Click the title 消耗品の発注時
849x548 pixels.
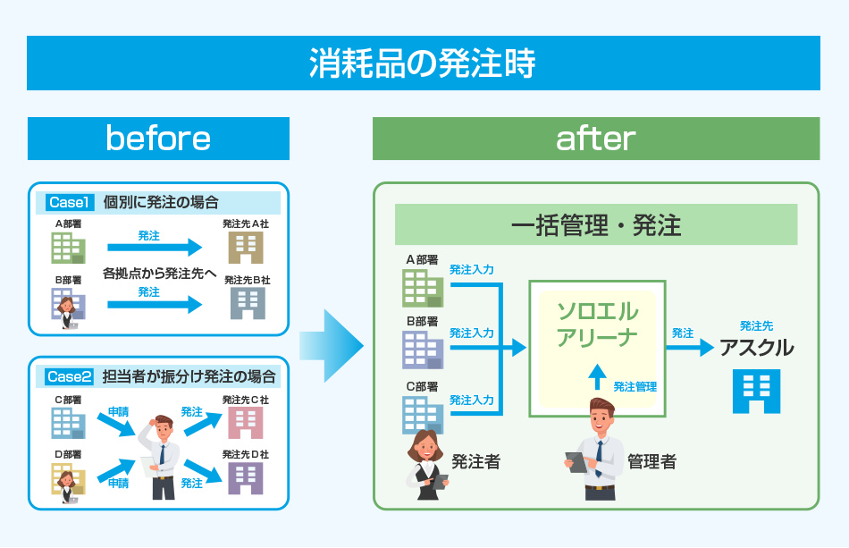point(423,63)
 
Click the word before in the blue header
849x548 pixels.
point(158,139)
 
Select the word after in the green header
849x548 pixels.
point(595,139)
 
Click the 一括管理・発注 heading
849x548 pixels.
point(596,225)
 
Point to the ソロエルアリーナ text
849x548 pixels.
point(597,325)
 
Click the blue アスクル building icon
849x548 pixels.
point(756,392)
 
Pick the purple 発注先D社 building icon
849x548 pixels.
point(246,477)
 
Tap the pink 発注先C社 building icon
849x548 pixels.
point(246,422)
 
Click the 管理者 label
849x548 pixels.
point(651,462)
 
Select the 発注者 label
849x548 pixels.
point(475,462)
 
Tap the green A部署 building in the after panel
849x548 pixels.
point(422,286)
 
